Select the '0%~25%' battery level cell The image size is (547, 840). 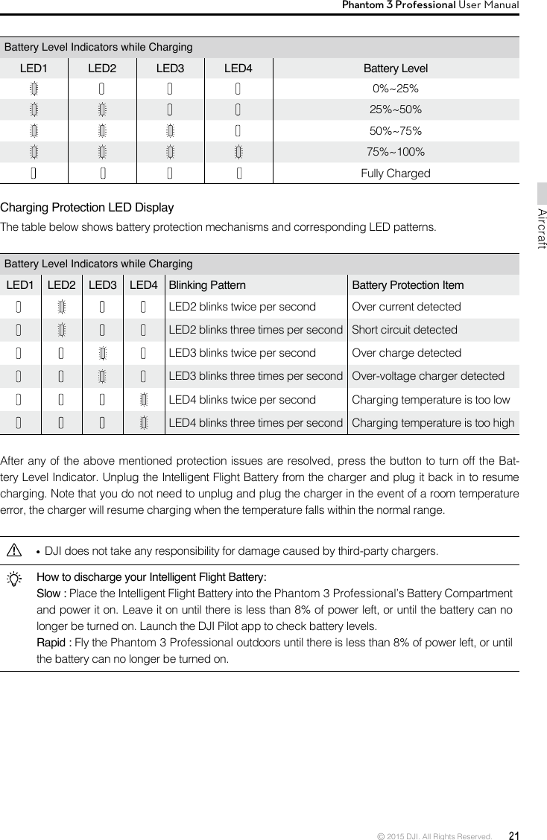[395, 89]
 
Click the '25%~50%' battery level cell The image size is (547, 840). [395, 110]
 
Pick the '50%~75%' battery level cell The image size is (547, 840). [395, 131]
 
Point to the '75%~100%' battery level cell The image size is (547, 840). [395, 152]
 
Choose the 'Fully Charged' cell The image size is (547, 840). [395, 174]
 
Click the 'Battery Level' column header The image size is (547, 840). [395, 69]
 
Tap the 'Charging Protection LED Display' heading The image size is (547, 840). [87, 207]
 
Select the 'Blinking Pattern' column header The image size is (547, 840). [208, 285]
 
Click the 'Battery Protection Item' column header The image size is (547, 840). [407, 285]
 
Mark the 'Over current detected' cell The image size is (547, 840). [406, 307]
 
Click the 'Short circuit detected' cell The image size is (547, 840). [404, 330]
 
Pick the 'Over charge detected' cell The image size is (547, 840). [406, 353]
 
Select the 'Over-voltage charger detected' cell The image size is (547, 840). [428, 376]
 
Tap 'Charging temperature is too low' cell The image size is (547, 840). [431, 400]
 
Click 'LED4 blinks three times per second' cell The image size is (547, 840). [256, 423]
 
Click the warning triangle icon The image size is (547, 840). [13, 551]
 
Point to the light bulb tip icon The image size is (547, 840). [13, 578]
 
